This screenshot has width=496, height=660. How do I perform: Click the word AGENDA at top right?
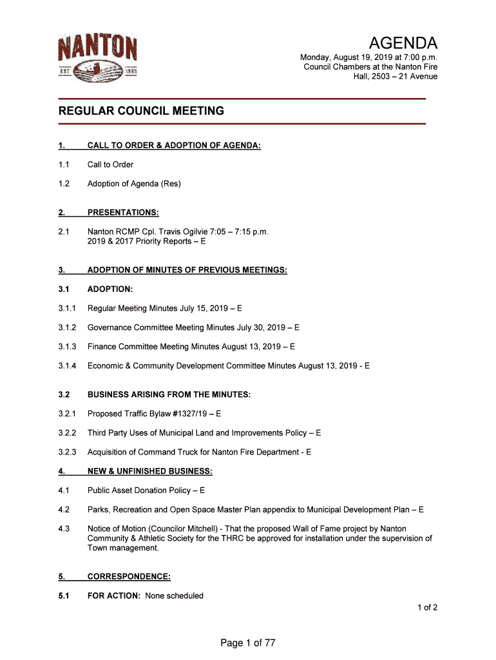pos(403,44)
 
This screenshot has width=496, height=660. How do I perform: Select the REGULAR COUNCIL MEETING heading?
pos(142,111)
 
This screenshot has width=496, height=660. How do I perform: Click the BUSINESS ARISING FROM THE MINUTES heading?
pos(169,394)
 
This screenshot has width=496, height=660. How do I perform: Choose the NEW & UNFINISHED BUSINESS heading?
pos(149,471)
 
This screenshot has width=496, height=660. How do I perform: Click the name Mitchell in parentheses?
pos(195,529)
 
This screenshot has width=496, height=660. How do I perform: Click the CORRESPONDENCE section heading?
pos(129,576)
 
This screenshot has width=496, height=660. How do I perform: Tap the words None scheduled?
pos(174,596)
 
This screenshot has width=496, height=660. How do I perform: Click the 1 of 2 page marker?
pos(427,607)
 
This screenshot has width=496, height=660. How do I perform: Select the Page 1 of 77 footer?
pos(248,643)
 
